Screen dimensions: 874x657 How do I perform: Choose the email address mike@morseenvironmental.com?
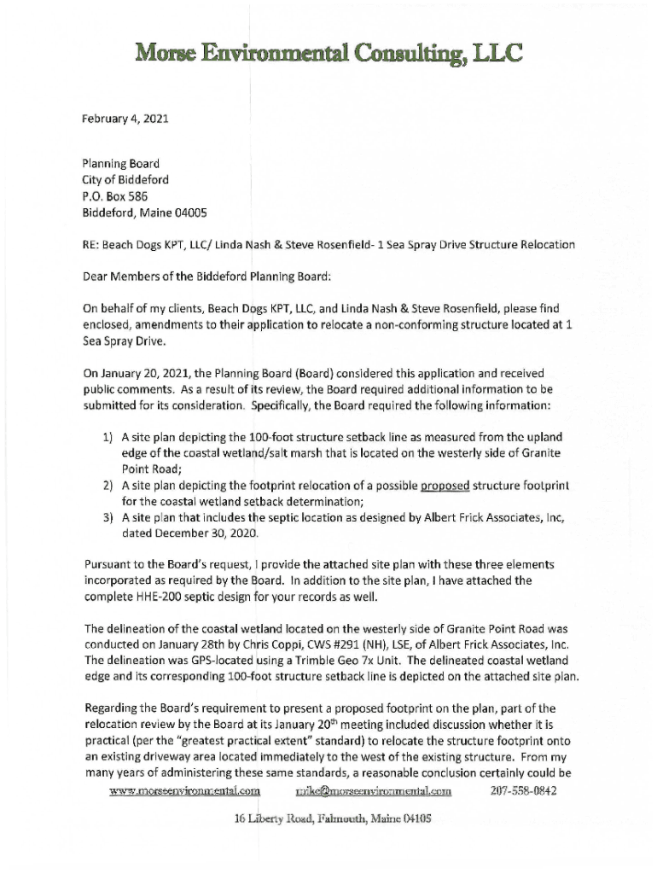(x=372, y=790)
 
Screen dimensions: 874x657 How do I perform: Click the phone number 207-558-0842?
(x=524, y=790)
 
